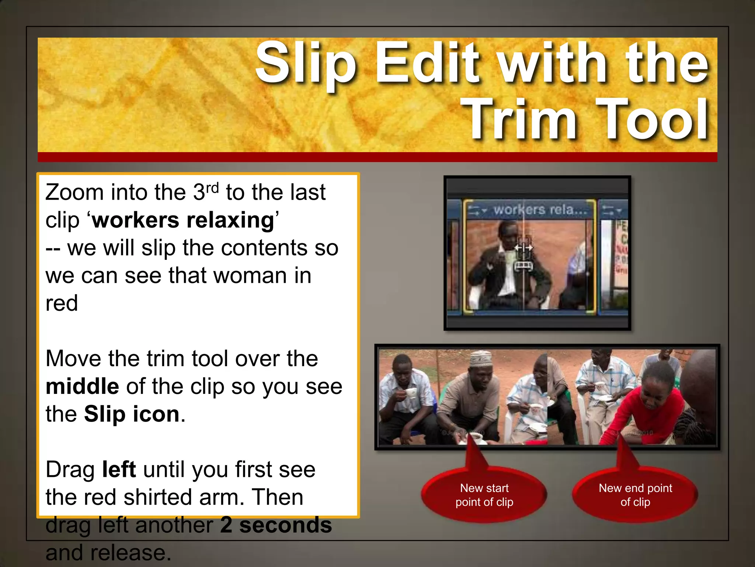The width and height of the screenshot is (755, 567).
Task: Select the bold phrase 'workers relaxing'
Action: point(183,220)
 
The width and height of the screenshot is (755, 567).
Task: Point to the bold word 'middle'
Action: point(82,386)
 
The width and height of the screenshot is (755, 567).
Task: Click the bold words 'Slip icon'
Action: point(132,414)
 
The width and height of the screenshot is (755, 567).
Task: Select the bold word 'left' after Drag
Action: point(119,470)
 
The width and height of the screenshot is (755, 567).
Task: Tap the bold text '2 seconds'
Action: point(276,525)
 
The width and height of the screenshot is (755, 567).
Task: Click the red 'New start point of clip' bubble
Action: point(484,495)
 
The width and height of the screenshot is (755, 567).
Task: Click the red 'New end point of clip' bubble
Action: point(635,495)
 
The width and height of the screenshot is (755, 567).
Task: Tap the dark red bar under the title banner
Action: point(377,157)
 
